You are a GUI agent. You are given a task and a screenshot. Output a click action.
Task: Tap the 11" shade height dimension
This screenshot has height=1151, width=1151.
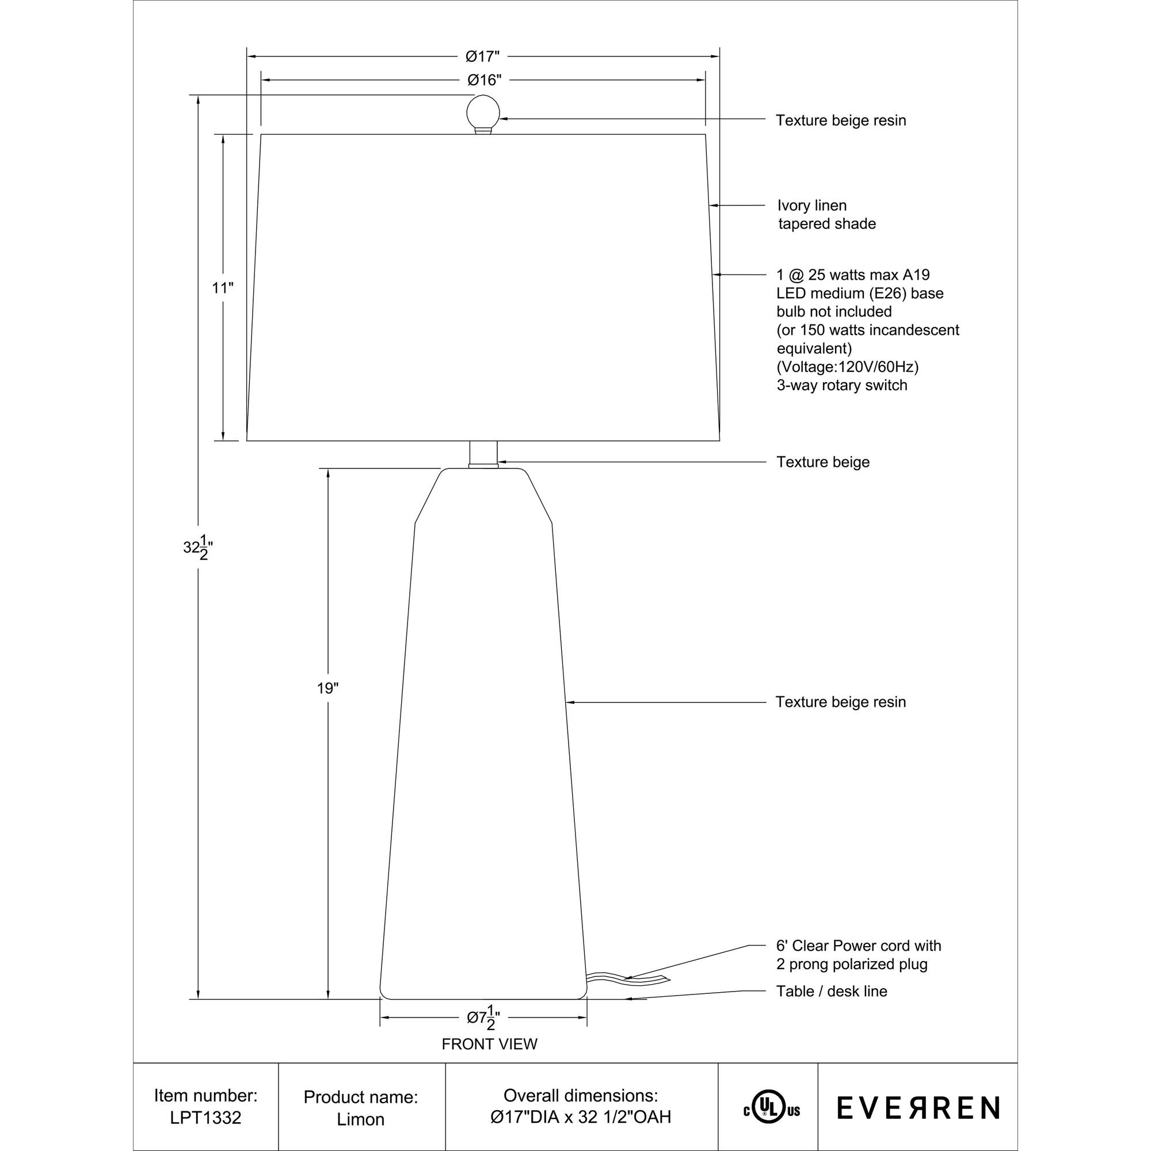(223, 288)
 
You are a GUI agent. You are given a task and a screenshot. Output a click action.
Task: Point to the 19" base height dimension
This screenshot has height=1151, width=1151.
(327, 689)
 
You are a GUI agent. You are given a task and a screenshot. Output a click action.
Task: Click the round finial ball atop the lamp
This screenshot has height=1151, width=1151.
(483, 111)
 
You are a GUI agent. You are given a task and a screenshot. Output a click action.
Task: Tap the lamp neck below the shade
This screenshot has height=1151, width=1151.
(483, 453)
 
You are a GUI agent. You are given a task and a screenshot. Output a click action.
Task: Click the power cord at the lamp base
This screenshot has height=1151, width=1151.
(626, 980)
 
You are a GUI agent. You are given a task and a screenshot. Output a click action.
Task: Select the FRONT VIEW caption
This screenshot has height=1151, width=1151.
(489, 1045)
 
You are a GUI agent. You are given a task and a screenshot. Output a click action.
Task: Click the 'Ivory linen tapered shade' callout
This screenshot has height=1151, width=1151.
(826, 215)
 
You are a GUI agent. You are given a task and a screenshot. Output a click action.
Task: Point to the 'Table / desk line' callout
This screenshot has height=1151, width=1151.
(832, 992)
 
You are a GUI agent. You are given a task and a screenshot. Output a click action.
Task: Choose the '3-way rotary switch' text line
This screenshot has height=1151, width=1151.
(842, 386)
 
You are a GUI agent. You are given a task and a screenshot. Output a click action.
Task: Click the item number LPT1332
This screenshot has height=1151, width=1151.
(205, 1118)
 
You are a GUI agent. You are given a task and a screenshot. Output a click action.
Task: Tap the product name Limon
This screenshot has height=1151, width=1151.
(360, 1119)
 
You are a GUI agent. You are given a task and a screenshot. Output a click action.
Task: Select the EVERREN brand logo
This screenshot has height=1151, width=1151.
(918, 1107)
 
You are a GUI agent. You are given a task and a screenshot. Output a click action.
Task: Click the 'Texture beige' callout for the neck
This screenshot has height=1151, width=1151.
(823, 462)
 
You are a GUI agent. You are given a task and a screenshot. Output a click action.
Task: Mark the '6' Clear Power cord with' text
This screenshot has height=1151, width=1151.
(858, 946)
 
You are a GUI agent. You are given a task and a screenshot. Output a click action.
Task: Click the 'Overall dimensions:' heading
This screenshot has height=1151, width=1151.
(581, 1096)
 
